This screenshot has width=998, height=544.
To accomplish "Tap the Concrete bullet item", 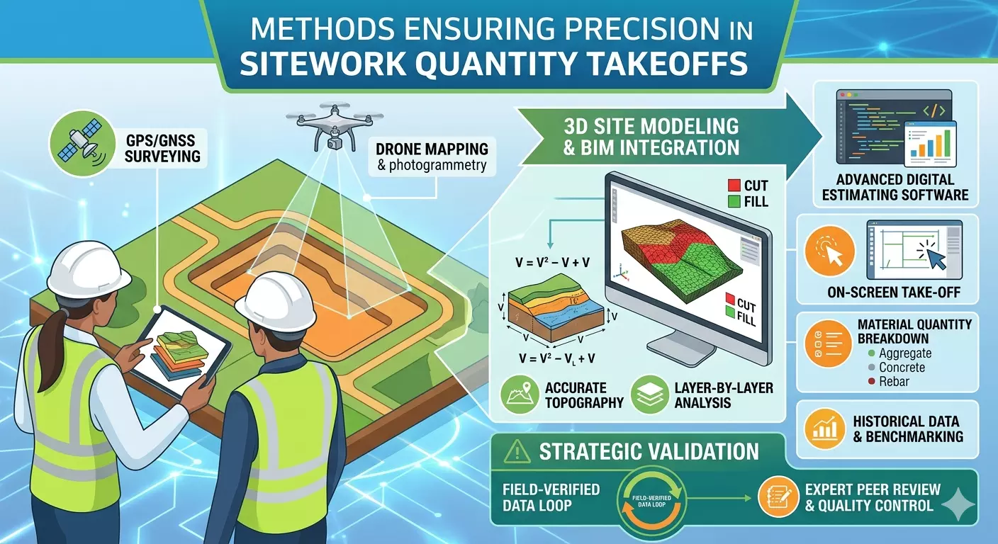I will click(901, 368).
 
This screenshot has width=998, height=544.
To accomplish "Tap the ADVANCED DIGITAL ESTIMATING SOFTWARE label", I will click(895, 187).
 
